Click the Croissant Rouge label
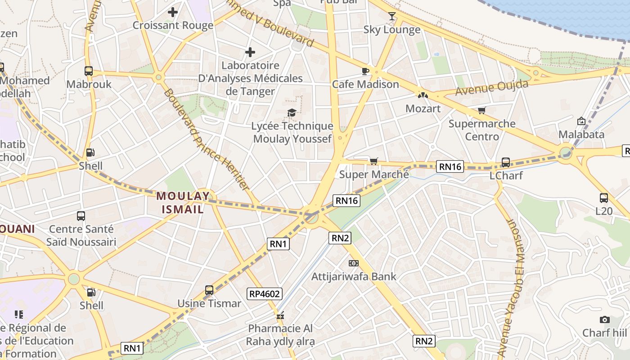click(x=173, y=25)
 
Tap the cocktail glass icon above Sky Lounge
click(x=392, y=16)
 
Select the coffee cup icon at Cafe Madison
click(x=365, y=71)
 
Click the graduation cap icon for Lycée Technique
click(x=292, y=112)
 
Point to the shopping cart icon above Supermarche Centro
click(x=482, y=110)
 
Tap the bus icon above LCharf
click(x=506, y=162)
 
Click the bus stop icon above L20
click(x=604, y=198)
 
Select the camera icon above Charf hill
click(x=605, y=319)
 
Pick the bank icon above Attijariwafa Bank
click(x=354, y=263)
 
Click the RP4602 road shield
click(x=265, y=294)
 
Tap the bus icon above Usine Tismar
click(x=209, y=290)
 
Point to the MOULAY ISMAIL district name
click(x=183, y=202)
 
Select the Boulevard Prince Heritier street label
click(x=207, y=139)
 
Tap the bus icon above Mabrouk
click(x=89, y=71)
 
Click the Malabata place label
click(x=581, y=134)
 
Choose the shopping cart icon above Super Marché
click(x=373, y=161)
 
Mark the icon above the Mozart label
click(x=423, y=95)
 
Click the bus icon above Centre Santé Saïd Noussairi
click(x=81, y=216)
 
